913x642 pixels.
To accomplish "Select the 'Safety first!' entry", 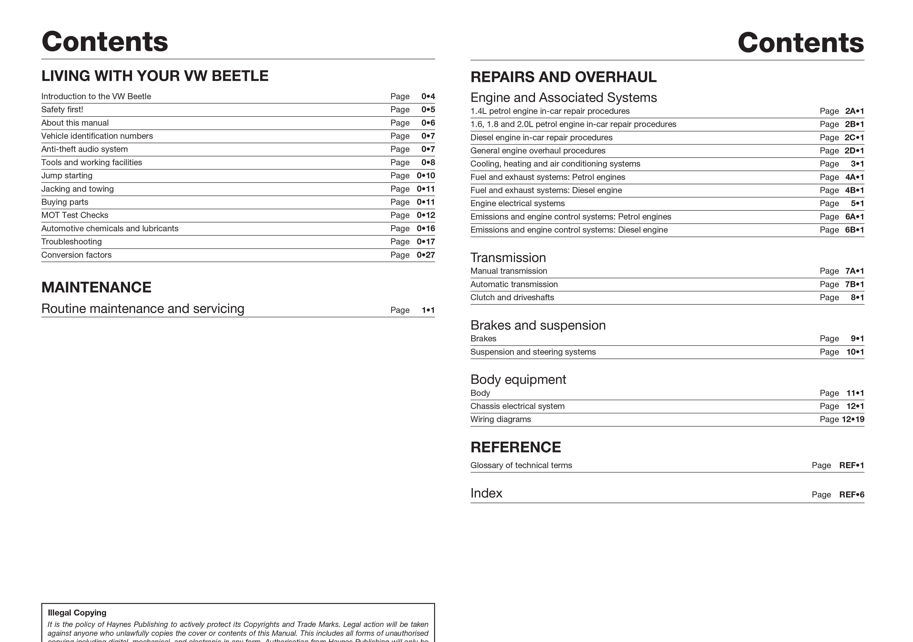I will point(62,110).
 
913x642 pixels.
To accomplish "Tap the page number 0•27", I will point(425,255).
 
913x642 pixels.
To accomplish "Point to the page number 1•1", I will point(428,310).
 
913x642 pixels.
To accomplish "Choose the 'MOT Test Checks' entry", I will point(75,215).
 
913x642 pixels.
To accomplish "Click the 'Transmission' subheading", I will point(508,258).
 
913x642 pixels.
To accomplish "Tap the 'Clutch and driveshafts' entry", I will point(512,298).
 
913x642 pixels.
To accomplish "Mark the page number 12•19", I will point(853,419).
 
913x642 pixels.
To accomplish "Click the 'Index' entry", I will point(486,493).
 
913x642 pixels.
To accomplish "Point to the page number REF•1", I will point(851,465).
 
